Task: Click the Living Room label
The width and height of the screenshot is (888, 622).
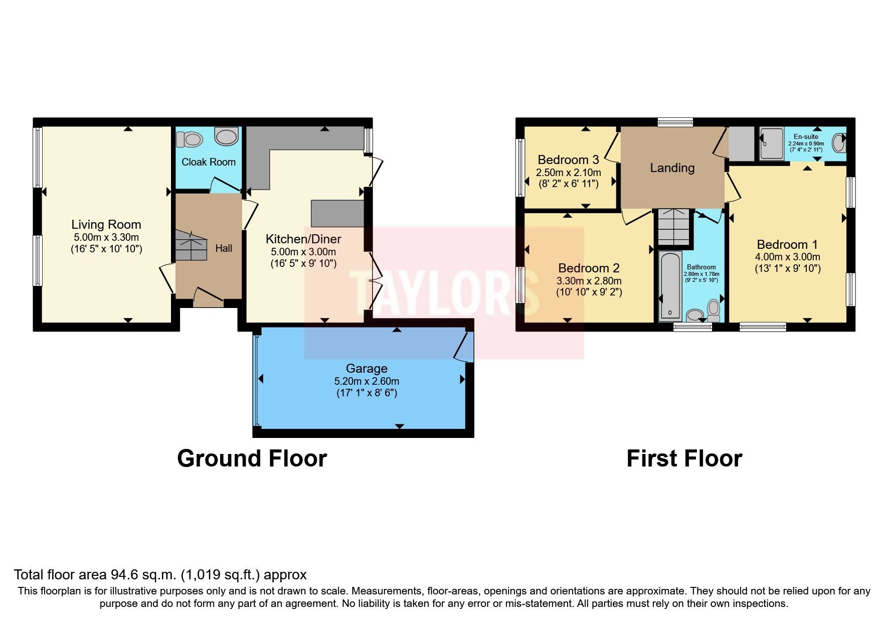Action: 106,225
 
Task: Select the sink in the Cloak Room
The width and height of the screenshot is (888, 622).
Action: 226,136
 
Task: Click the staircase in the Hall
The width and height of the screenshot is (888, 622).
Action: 191,245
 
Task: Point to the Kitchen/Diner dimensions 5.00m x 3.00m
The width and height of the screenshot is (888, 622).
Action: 303,252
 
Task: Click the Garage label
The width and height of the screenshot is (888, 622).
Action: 367,369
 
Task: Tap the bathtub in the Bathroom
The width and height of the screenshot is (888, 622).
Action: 670,285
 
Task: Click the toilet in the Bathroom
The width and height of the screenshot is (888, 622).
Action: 713,309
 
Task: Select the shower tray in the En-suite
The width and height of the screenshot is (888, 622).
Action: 771,144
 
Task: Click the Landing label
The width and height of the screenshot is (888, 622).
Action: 672,168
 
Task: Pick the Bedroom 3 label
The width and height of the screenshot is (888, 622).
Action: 568,160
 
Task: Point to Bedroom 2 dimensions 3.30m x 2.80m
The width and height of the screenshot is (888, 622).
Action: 589,281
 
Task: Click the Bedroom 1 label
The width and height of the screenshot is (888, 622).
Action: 787,245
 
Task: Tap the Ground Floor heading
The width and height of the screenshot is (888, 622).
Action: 252,458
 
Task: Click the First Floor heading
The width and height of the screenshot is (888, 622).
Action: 684,458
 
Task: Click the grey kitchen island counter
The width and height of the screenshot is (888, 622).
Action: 337,214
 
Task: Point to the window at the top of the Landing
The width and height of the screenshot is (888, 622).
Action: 675,121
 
